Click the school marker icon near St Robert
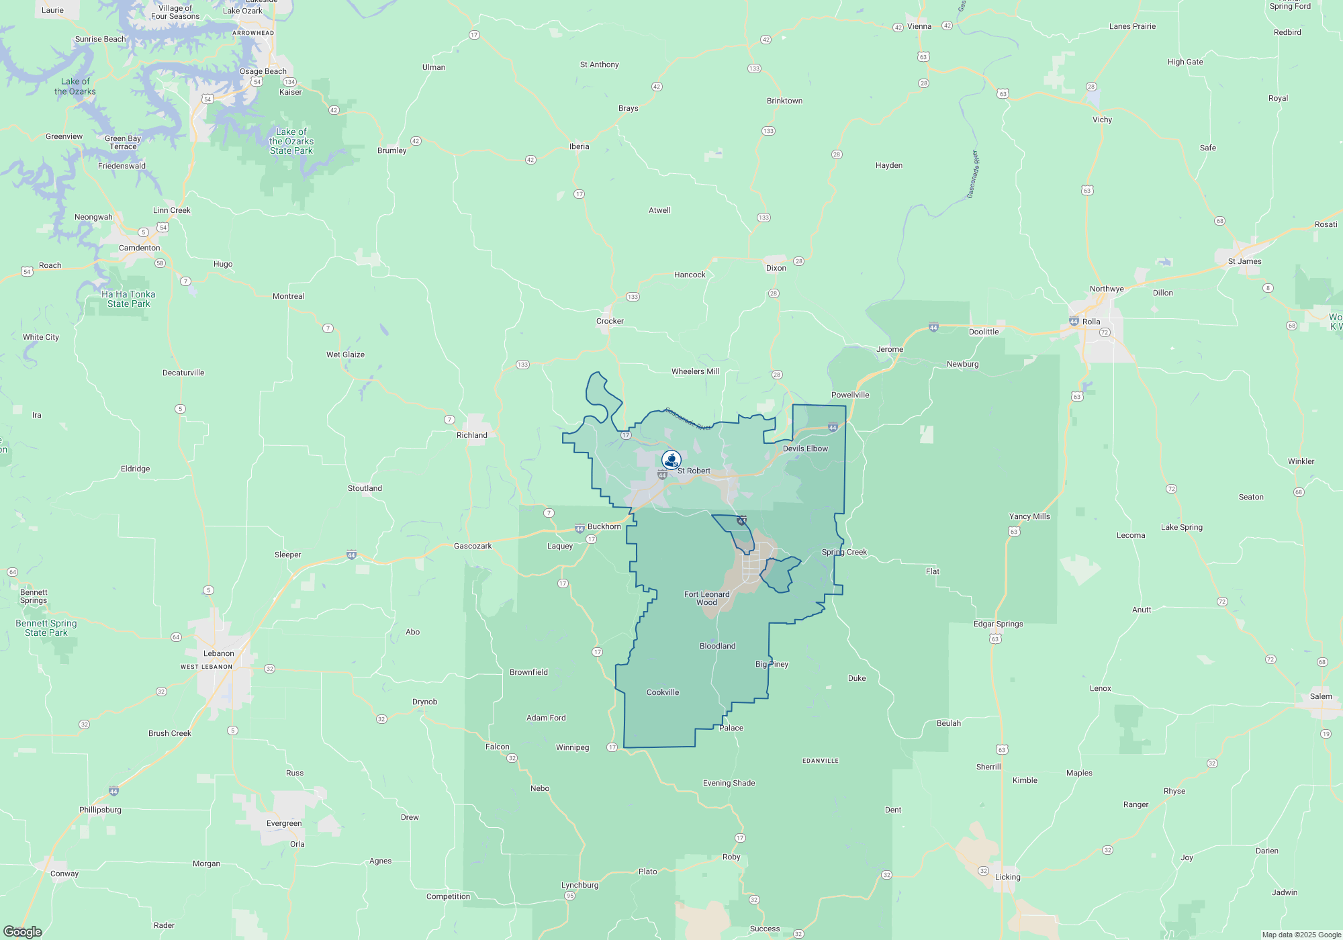point(671,460)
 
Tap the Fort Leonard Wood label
point(706,598)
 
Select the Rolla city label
point(1091,322)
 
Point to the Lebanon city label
point(219,653)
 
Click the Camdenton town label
point(140,248)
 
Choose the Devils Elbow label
point(805,449)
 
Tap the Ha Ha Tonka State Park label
point(128,299)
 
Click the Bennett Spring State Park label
point(46,628)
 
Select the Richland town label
point(472,435)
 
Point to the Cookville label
point(663,692)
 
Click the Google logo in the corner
point(23,931)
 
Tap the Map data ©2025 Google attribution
point(1301,935)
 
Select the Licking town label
point(1007,877)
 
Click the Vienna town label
point(919,26)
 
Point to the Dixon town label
point(776,268)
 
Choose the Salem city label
point(1321,696)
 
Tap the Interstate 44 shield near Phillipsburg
point(113,792)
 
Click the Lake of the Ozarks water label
point(75,87)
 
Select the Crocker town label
point(610,321)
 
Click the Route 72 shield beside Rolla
point(1105,332)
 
